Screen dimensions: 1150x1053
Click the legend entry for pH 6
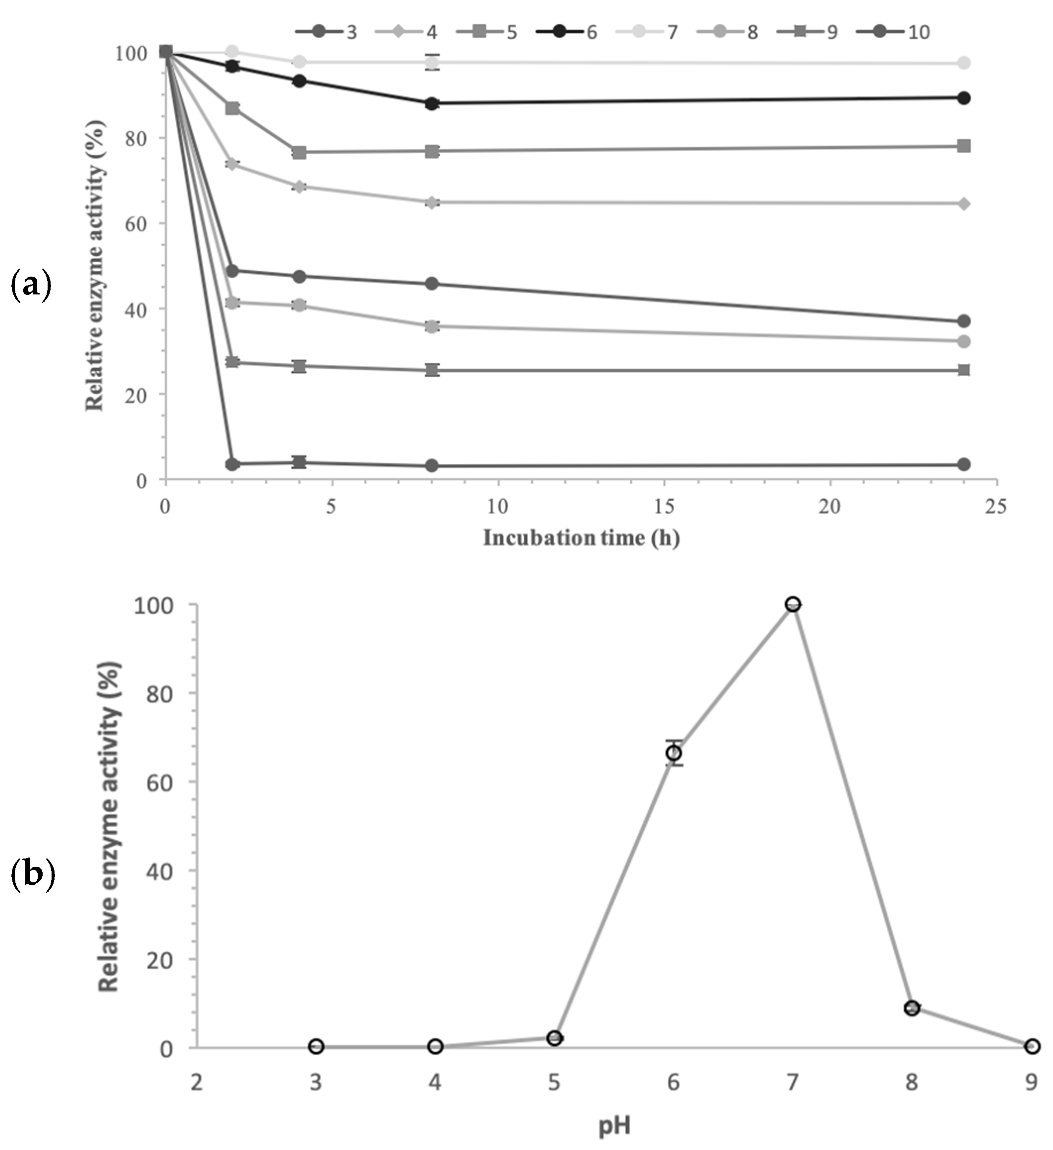567,31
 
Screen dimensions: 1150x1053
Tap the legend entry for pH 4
407,31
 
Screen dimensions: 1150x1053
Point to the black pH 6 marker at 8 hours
432,104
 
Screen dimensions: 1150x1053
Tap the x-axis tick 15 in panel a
664,506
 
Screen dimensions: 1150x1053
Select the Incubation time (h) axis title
581,538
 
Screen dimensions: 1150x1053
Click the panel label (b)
33,874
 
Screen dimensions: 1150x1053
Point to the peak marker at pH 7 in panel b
792,604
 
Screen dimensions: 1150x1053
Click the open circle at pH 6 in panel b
674,753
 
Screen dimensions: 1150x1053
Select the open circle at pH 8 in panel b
912,1008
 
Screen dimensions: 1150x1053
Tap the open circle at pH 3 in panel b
316,1046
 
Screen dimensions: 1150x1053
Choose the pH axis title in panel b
614,1126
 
